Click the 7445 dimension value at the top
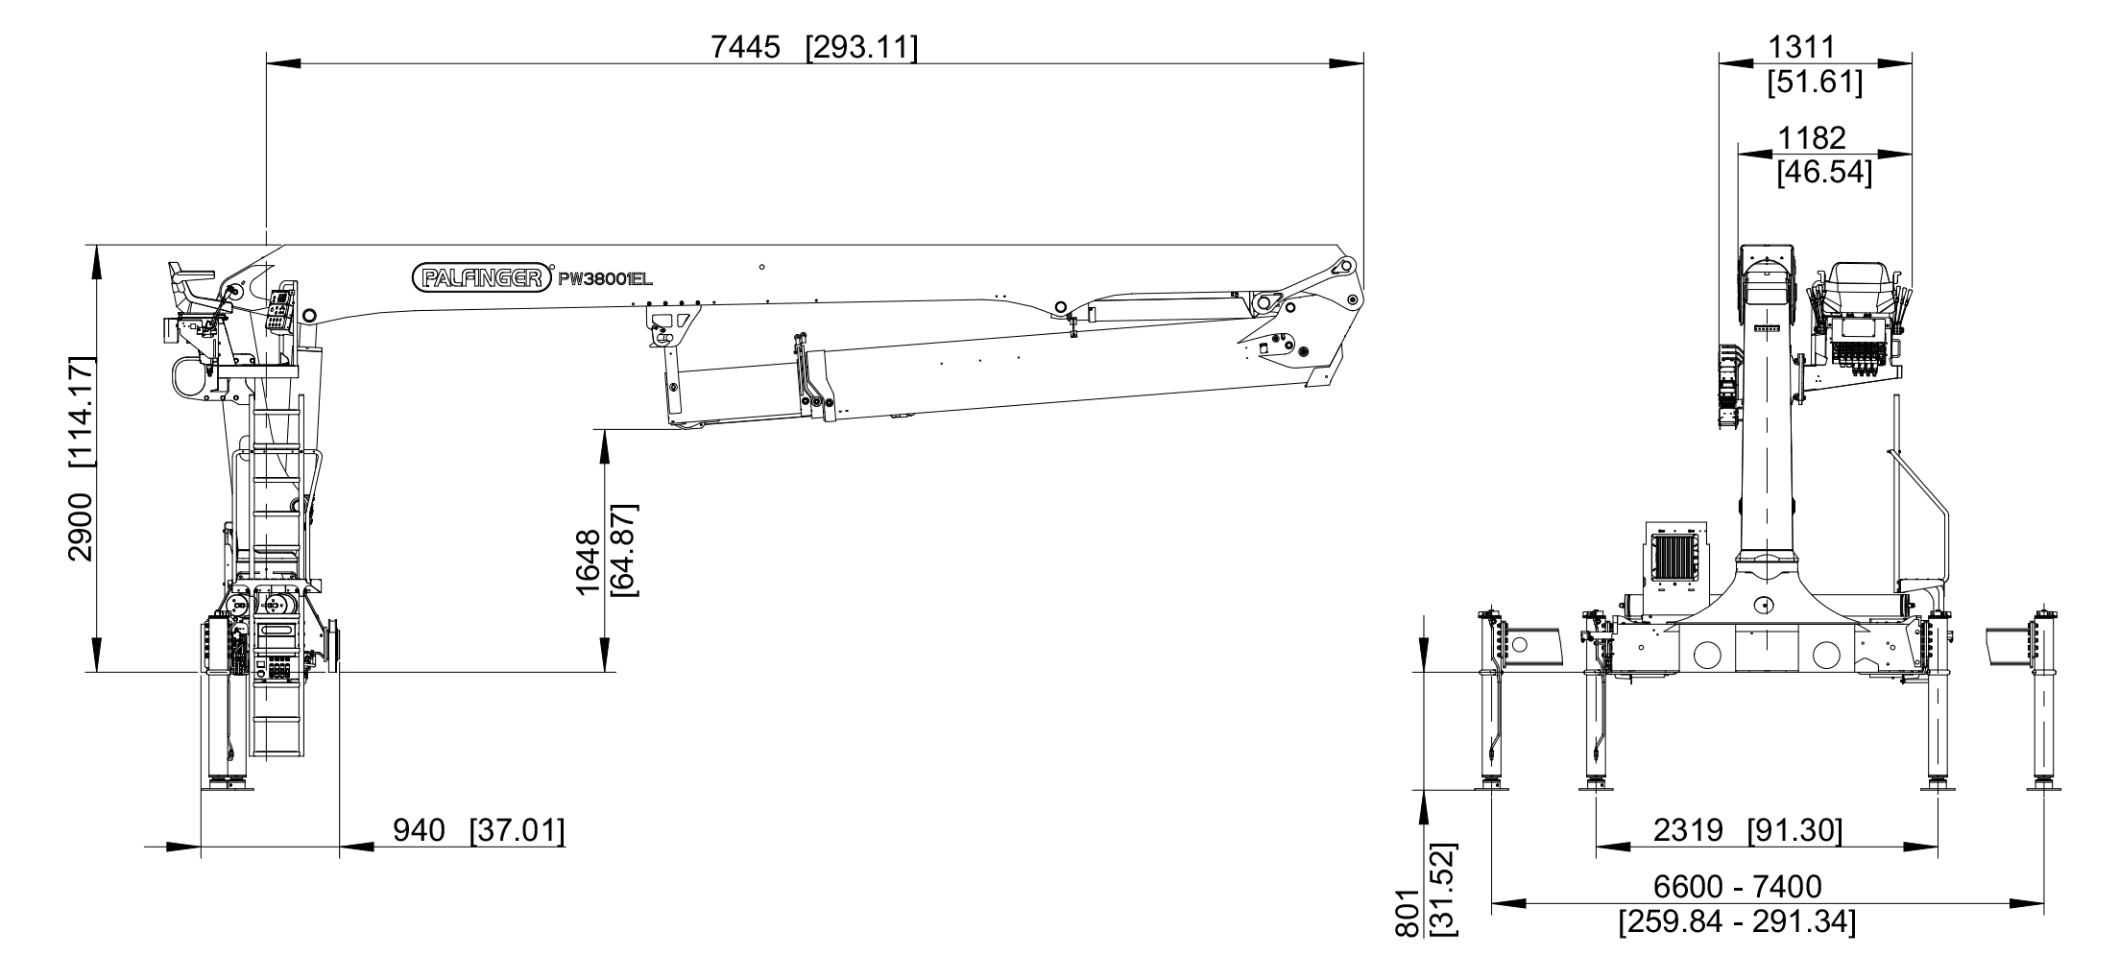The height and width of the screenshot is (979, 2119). (745, 46)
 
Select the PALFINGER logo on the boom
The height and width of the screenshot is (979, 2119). (484, 277)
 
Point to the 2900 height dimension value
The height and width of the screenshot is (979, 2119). (80, 526)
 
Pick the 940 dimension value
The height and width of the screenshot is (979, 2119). (420, 830)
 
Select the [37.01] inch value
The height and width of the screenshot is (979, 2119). (517, 830)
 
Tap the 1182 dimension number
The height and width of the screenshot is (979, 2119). (1811, 138)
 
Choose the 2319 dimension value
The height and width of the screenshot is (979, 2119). (1688, 830)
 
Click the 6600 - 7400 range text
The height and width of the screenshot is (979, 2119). (1737, 886)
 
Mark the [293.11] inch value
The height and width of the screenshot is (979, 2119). (861, 46)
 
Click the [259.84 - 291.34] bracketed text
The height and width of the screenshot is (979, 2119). (1737, 922)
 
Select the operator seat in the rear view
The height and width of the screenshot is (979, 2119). (1859, 291)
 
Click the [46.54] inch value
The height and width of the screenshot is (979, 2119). (1824, 173)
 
